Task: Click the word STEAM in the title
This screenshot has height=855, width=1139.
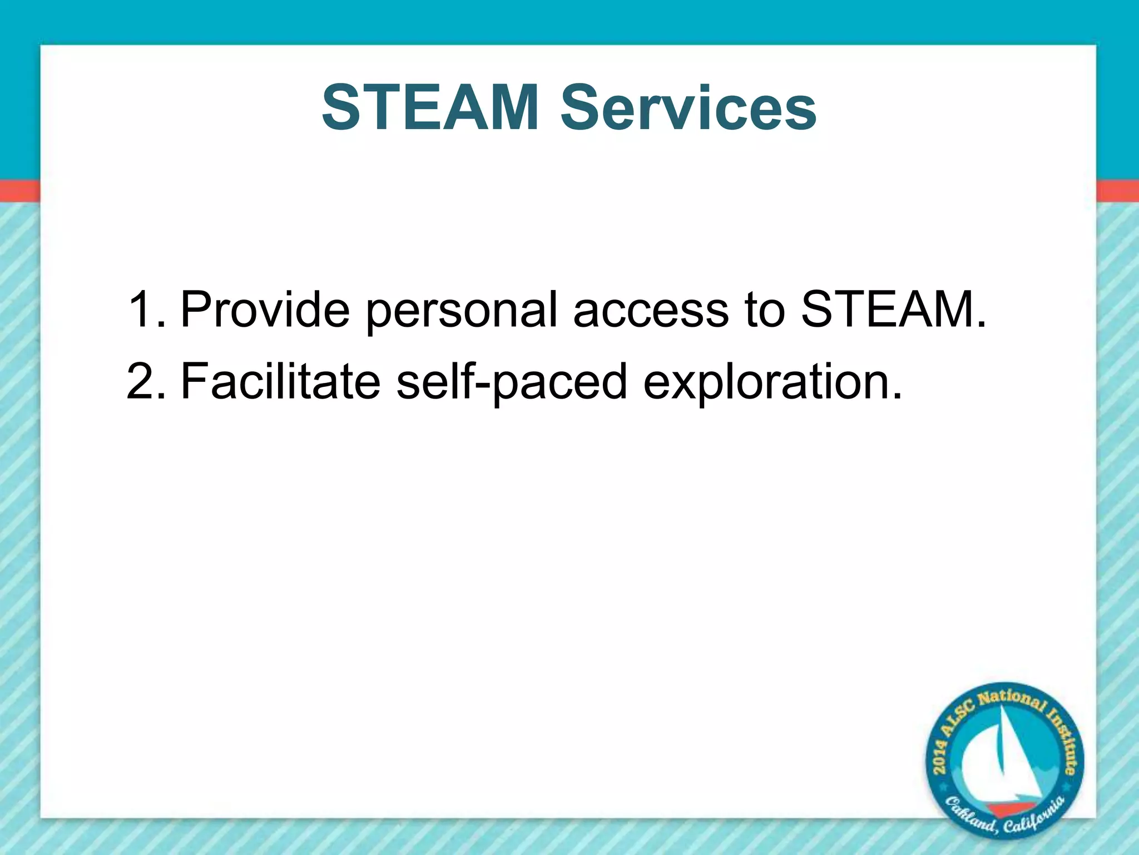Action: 430,107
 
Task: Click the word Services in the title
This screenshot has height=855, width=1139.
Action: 689,107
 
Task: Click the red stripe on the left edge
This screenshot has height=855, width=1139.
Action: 19,191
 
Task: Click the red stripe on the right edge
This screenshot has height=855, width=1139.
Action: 1118,191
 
